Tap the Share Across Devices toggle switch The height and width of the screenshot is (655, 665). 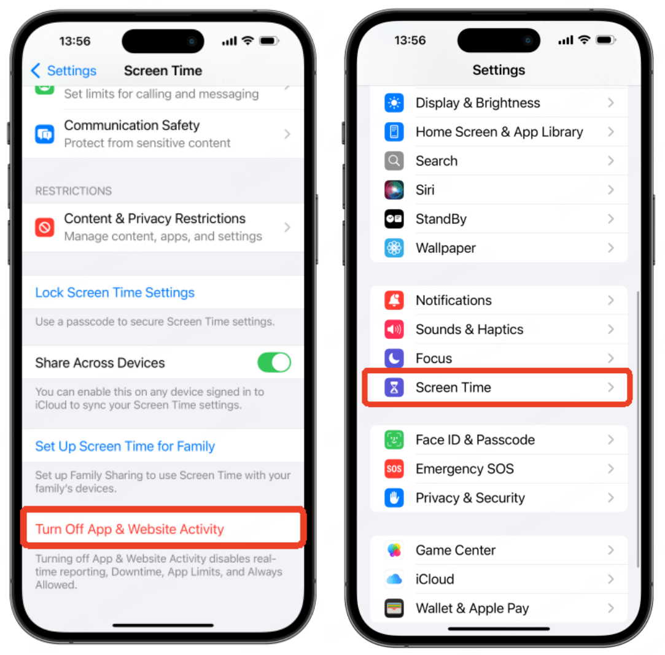[x=274, y=362]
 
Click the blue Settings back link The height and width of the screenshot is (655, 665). [x=64, y=71]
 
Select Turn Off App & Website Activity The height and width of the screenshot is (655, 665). [x=130, y=529]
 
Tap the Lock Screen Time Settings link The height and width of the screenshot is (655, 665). [x=114, y=293]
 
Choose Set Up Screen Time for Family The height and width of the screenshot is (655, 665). [x=125, y=446]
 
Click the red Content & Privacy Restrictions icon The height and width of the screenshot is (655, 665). [x=45, y=228]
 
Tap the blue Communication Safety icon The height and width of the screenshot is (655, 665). [x=45, y=134]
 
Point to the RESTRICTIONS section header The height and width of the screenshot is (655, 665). [x=73, y=191]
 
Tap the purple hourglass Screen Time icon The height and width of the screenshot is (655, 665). [x=394, y=387]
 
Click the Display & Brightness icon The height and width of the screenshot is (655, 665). [x=394, y=103]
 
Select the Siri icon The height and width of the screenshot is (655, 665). [x=394, y=190]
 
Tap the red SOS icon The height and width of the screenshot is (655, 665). [x=394, y=469]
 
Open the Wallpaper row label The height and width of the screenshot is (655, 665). [x=446, y=248]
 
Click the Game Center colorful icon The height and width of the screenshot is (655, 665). [x=394, y=550]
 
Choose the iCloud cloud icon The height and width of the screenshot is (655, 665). [x=394, y=579]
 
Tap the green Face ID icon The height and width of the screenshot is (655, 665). [x=394, y=440]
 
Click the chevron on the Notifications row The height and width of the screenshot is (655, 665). [x=611, y=300]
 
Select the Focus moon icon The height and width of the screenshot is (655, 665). [x=394, y=359]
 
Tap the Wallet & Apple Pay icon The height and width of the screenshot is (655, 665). [x=394, y=608]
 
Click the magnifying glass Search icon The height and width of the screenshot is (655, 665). [x=394, y=161]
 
